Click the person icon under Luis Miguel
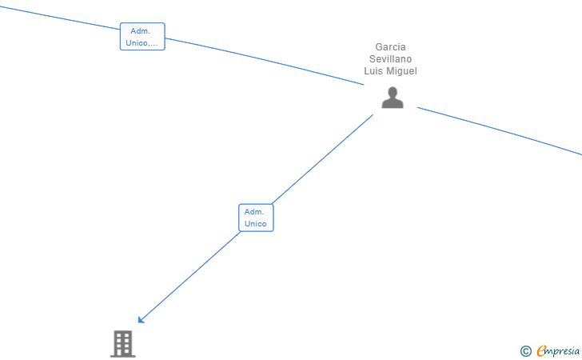pos(392,98)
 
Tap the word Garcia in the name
pos(390,47)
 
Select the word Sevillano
pos(390,59)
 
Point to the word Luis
pos(374,71)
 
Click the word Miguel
pos(402,71)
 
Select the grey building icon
pos(122,343)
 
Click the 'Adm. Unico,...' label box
pos(142,37)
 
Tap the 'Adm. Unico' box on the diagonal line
pos(256,218)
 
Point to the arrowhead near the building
pos(142,319)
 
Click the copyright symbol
pos(525,350)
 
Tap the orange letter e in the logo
pos(541,351)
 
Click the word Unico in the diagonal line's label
pos(256,224)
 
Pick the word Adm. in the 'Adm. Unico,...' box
pos(142,31)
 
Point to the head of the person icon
pos(392,91)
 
